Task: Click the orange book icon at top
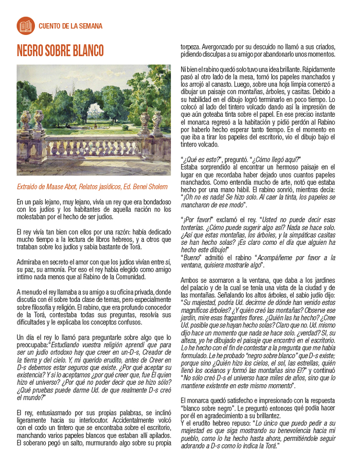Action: click(25, 25)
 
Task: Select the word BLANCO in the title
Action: click(86, 51)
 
